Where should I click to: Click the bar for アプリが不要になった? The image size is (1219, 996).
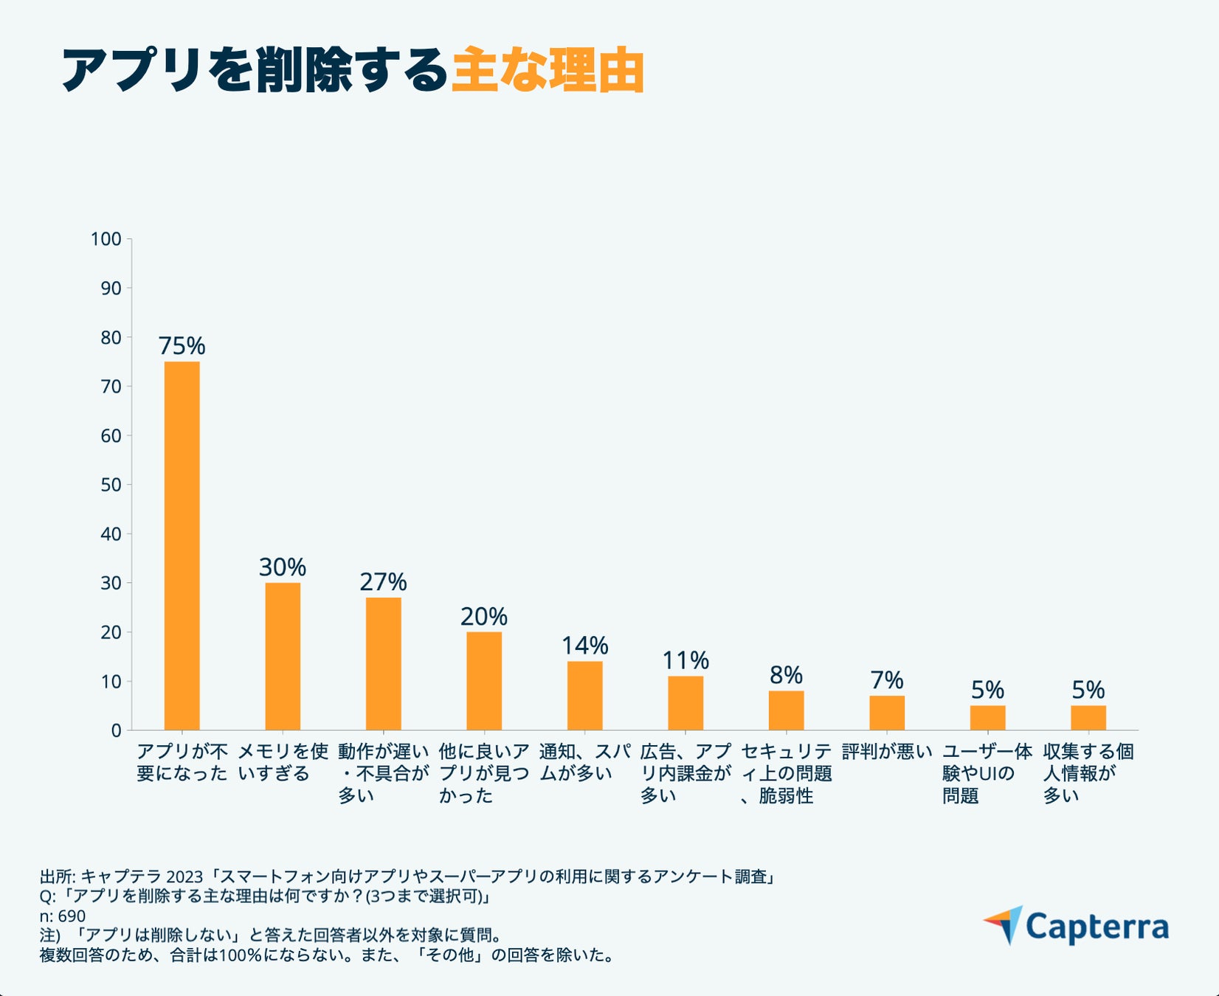(182, 546)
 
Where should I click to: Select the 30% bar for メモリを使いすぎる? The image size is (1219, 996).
(283, 657)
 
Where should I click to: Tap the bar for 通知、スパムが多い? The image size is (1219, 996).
(584, 696)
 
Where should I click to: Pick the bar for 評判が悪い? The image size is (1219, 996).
(887, 713)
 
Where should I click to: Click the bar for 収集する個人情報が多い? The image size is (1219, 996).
(1088, 718)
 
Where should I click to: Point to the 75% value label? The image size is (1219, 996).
(182, 345)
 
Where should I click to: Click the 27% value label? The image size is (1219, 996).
(383, 582)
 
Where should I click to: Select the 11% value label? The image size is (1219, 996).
(686, 660)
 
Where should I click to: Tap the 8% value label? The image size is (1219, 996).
(786, 675)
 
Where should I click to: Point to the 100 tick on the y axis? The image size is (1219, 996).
(106, 239)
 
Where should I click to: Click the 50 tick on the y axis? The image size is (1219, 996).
(111, 485)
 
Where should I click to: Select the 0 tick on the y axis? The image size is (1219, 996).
(116, 730)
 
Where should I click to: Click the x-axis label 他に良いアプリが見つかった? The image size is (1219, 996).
(483, 773)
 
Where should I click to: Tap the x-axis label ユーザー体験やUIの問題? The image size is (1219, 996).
(987, 773)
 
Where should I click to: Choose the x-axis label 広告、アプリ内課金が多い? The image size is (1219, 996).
(686, 773)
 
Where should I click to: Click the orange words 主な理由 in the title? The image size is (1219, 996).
(548, 71)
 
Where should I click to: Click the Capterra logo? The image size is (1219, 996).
(1077, 926)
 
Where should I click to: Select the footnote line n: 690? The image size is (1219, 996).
(62, 916)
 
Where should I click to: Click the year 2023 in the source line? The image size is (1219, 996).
(184, 876)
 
